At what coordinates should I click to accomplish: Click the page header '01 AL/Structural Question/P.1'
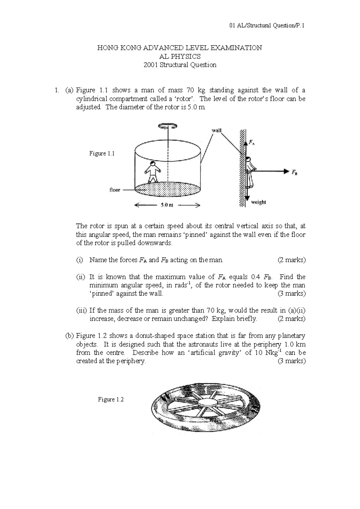(x=267, y=26)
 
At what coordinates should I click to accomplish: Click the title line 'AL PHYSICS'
(x=180, y=56)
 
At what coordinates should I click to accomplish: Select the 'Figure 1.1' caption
(x=102, y=154)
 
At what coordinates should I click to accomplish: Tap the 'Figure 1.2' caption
(x=111, y=399)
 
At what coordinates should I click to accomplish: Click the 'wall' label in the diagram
(x=217, y=130)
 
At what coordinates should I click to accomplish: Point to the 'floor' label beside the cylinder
(x=115, y=190)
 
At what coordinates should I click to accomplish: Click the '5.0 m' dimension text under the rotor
(x=167, y=206)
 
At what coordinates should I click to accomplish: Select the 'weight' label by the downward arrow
(x=258, y=202)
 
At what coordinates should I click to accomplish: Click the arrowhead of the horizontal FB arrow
(x=285, y=171)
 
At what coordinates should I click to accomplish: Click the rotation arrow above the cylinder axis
(x=168, y=126)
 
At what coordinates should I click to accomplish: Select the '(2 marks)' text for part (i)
(x=292, y=260)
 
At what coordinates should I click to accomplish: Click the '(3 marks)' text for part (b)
(x=292, y=361)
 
